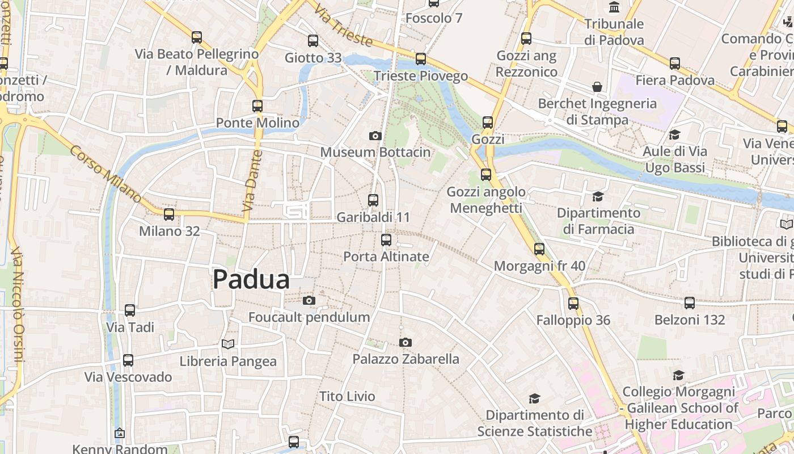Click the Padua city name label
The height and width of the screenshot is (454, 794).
[x=251, y=280]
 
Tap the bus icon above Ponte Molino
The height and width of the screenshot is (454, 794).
[x=257, y=106]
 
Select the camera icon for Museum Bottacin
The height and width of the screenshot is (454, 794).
[x=375, y=136]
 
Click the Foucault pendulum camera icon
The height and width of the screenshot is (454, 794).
[x=309, y=300]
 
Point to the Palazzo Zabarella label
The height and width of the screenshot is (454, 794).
[x=406, y=359]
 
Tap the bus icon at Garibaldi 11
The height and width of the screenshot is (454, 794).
[x=373, y=200]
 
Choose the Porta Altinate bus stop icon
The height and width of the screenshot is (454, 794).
[x=386, y=239]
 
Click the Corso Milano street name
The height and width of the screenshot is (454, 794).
[x=105, y=174]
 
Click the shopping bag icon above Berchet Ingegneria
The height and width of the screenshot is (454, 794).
[x=597, y=87]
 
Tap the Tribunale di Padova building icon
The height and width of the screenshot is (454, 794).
[x=614, y=7]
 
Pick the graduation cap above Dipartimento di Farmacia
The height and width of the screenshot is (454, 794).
[x=598, y=196]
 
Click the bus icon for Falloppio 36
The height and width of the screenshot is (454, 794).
[x=573, y=303]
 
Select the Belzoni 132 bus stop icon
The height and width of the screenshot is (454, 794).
[x=690, y=302]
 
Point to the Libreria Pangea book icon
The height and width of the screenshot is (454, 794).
[x=228, y=344]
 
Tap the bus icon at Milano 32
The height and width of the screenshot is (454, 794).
[x=169, y=214]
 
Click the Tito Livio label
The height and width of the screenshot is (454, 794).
[x=347, y=396]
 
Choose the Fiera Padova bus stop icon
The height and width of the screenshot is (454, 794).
[x=675, y=63]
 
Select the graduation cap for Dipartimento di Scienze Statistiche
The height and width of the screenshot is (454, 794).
[x=534, y=398]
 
